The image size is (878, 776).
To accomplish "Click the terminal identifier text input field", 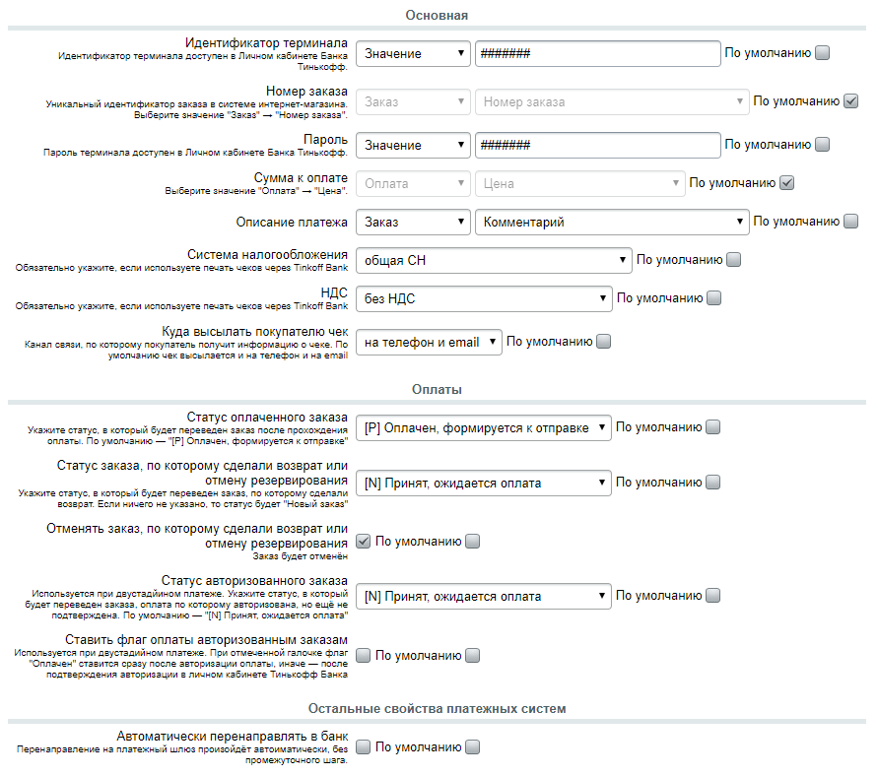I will [x=597, y=53].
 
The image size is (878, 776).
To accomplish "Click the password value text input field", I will [x=597, y=145].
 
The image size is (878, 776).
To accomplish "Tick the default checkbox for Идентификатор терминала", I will [x=823, y=53].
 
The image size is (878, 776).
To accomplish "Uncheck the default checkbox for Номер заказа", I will [x=851, y=100].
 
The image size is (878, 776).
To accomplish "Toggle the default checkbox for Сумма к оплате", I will [x=786, y=182].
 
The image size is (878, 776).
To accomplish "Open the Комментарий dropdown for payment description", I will [x=612, y=222].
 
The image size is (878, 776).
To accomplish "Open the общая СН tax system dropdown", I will [x=494, y=260].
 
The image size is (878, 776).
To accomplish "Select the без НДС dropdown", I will [x=484, y=297].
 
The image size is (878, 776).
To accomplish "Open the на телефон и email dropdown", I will [x=429, y=342].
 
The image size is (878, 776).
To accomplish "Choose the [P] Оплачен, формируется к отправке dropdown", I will [x=484, y=427].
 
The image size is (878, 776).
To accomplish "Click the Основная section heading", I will [x=437, y=15].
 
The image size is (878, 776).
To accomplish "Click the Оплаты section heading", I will [x=437, y=389].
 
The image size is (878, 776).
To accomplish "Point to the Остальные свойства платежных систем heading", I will [x=437, y=708].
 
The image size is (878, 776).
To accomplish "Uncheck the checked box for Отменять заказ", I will [x=363, y=541].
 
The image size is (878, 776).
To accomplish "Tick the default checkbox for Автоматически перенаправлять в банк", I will [x=473, y=747].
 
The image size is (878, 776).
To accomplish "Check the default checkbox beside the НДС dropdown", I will [x=714, y=297].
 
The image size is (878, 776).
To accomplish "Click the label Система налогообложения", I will [x=267, y=253].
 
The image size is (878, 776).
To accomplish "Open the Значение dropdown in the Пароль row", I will [x=413, y=145].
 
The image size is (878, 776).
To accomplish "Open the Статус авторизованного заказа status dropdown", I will [x=484, y=596].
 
